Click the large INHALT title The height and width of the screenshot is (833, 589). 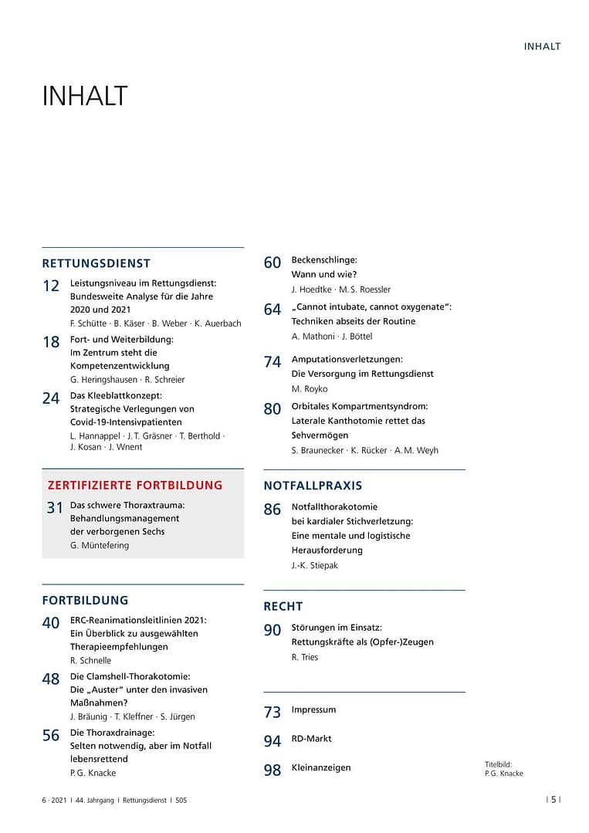pos(84,97)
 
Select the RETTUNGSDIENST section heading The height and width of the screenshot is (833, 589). pos(96,263)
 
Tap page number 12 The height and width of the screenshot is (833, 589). pos(51,286)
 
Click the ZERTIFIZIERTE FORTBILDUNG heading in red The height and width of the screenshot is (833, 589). pos(134,486)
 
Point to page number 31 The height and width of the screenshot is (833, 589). pos(55,508)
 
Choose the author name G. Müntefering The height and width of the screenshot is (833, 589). pos(100,545)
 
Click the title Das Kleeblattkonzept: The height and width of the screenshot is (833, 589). pos(116,395)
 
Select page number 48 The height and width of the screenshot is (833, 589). pos(51,679)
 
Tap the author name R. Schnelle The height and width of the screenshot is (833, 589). pos(90,660)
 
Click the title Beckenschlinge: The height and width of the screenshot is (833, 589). pos(324,260)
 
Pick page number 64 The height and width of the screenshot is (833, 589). pos(272,310)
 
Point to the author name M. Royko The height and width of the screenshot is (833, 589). pos(310,388)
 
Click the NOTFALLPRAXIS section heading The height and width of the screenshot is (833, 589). pos(313,486)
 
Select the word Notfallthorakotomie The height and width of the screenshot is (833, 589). pos(334,507)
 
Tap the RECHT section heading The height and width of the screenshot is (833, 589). pos(283,606)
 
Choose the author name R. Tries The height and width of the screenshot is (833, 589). pos(305,657)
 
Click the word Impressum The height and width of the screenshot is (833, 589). pos(313,709)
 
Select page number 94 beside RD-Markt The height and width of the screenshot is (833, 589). pos(272,741)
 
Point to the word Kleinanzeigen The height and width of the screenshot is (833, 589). pos(321,767)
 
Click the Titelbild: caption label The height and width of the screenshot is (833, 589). pos(498,764)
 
